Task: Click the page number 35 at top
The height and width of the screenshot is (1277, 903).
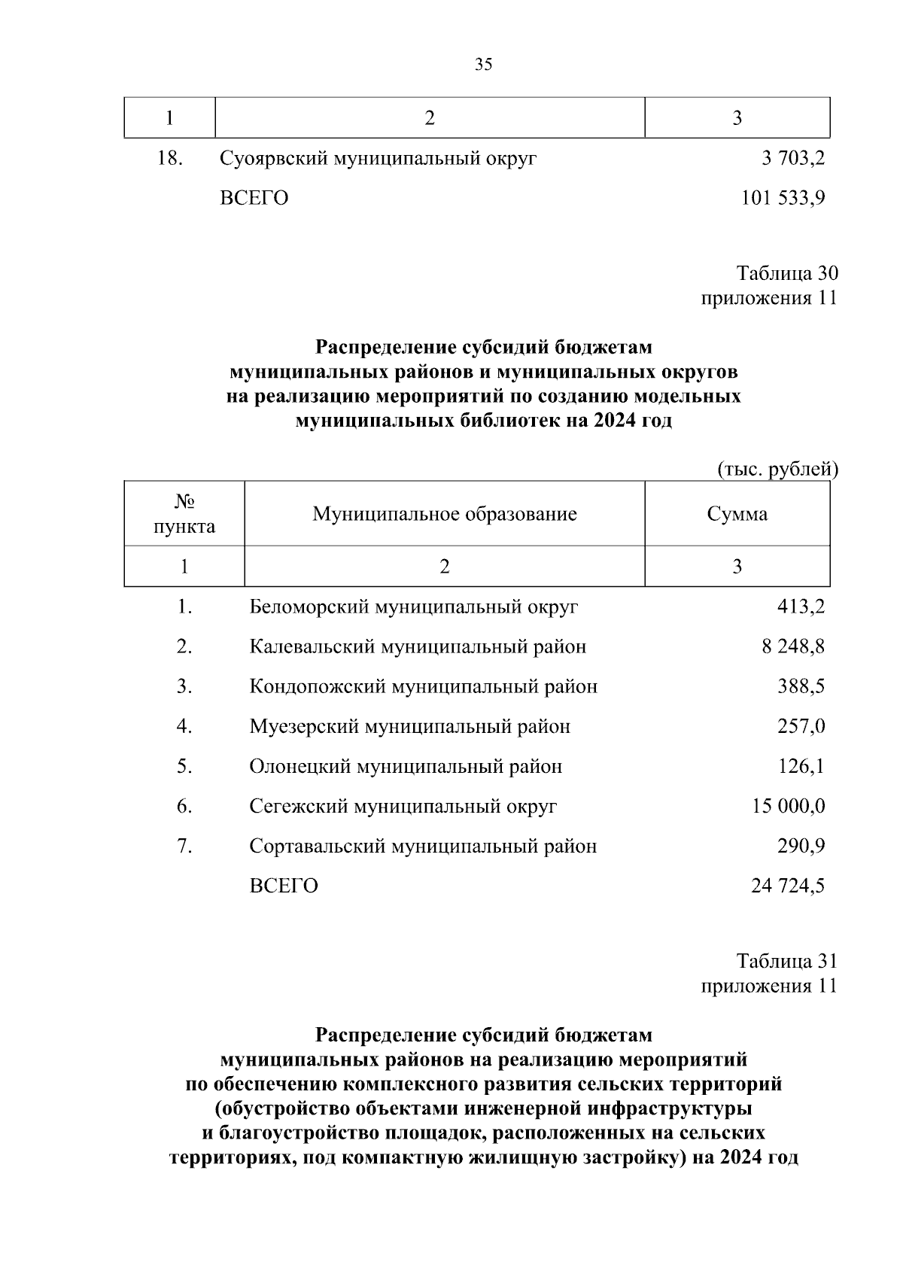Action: tap(484, 65)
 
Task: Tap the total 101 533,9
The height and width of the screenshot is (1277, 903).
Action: tap(783, 199)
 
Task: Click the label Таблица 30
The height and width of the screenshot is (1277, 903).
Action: tap(787, 273)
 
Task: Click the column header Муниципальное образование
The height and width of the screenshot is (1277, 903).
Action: tap(445, 514)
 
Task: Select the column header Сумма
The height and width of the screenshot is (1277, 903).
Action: tap(737, 514)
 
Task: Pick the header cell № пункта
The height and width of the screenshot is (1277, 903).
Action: tap(184, 514)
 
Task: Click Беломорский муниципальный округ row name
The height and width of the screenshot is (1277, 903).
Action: tap(414, 607)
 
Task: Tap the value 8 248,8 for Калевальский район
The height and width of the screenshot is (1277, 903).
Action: tap(793, 646)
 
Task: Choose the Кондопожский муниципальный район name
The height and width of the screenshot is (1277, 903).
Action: tap(424, 686)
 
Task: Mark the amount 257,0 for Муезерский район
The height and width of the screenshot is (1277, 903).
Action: tap(801, 726)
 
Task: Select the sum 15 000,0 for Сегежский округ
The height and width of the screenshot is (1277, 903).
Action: tap(788, 806)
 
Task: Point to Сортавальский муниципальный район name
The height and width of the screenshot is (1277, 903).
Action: tap(423, 846)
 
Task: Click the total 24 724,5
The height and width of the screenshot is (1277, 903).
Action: tap(788, 886)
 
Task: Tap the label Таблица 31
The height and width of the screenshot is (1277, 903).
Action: tap(787, 961)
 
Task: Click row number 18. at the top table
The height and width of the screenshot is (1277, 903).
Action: tap(171, 159)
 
